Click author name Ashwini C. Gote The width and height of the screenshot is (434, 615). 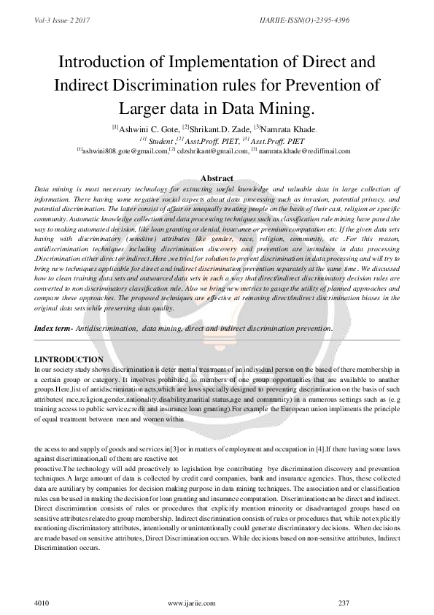click(x=147, y=129)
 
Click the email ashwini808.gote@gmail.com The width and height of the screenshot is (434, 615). click(x=125, y=150)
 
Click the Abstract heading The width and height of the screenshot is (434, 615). click(x=217, y=178)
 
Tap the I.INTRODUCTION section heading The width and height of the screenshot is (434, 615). click(x=69, y=360)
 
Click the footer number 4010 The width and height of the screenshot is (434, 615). click(x=42, y=603)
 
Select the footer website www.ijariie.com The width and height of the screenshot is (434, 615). click(x=191, y=603)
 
